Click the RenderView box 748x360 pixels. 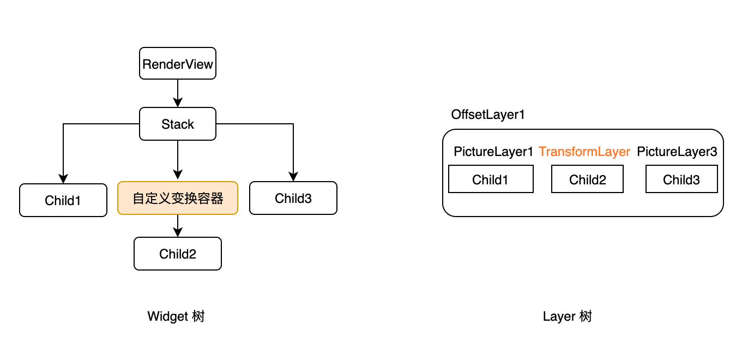(178, 64)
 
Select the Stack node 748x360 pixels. (178, 124)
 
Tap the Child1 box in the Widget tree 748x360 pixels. (63, 200)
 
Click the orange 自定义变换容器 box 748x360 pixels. (178, 198)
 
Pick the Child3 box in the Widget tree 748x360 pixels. (293, 198)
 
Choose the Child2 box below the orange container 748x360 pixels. (178, 254)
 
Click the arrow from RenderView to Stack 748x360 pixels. (178, 93)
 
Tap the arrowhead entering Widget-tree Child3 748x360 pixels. (293, 177)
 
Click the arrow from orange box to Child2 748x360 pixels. (178, 226)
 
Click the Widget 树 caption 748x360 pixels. (176, 316)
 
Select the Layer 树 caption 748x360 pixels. (567, 316)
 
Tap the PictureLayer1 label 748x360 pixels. (493, 152)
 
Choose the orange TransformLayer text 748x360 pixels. (584, 152)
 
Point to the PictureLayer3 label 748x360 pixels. (677, 152)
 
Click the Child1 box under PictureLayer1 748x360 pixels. (491, 179)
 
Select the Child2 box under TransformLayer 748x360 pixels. (587, 179)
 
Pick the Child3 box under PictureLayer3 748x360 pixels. (681, 179)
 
